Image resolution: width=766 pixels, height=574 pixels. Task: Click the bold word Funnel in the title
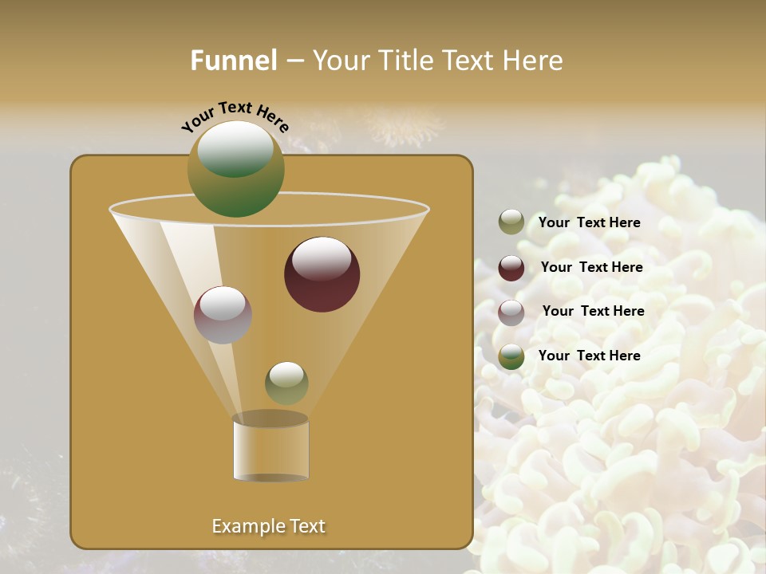pos(234,60)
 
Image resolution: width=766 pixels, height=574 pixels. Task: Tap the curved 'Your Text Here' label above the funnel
pos(235,116)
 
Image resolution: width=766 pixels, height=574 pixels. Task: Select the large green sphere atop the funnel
pos(236,169)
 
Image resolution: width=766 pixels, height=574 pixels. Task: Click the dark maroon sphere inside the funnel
pos(322,274)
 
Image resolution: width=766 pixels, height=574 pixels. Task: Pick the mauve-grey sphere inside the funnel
pos(223,315)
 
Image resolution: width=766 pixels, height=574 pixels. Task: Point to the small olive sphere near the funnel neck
pos(286,383)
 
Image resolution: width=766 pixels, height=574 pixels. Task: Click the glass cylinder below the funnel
pos(270,450)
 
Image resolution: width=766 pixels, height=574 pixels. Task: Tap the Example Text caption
pos(268,526)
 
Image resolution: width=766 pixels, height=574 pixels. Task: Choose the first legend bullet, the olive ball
pos(511,222)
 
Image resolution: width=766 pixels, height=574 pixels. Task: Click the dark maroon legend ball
pos(511,268)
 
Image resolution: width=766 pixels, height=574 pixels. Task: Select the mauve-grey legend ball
pos(511,313)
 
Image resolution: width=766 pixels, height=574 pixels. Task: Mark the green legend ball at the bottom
pos(511,356)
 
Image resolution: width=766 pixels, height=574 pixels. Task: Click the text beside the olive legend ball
pos(589,222)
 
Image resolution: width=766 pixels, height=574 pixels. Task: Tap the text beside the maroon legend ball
pos(591,267)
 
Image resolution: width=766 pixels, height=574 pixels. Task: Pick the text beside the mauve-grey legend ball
pos(593,311)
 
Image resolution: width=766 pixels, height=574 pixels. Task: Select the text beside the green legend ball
pos(589,356)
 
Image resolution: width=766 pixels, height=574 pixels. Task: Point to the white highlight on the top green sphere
pos(235,147)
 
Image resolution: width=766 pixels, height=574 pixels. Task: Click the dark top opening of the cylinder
pos(270,419)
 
